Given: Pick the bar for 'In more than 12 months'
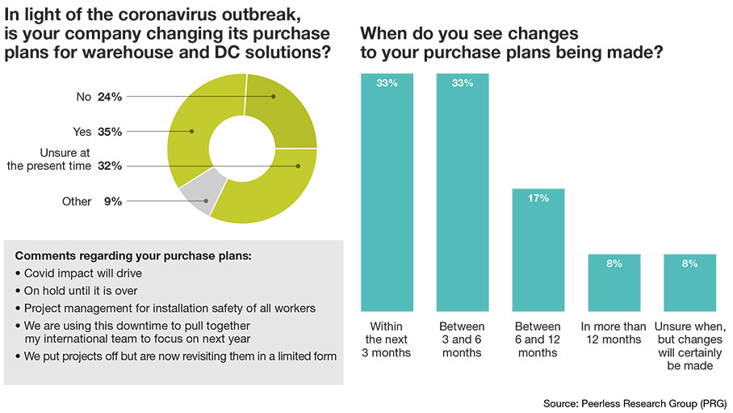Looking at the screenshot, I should pyautogui.click(x=614, y=282).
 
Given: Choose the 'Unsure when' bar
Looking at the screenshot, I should pyautogui.click(x=690, y=282).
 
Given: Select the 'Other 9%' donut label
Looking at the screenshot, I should pyautogui.click(x=92, y=201).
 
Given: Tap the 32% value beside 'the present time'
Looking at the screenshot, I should pyautogui.click(x=109, y=166).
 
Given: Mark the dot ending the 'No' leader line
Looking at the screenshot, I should pyautogui.click(x=274, y=97).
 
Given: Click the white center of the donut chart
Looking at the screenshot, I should pyautogui.click(x=241, y=148).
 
